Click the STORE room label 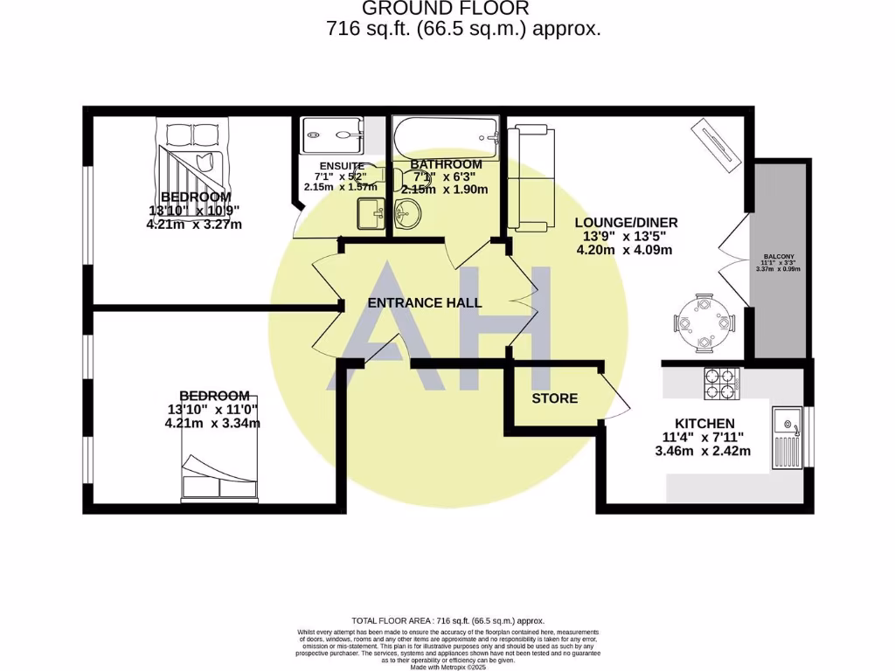555,398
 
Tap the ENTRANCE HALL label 425,303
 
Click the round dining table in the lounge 704,319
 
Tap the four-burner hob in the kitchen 722,383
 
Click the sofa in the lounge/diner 531,180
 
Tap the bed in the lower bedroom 219,472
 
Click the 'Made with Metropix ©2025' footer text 447,666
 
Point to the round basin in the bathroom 408,211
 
